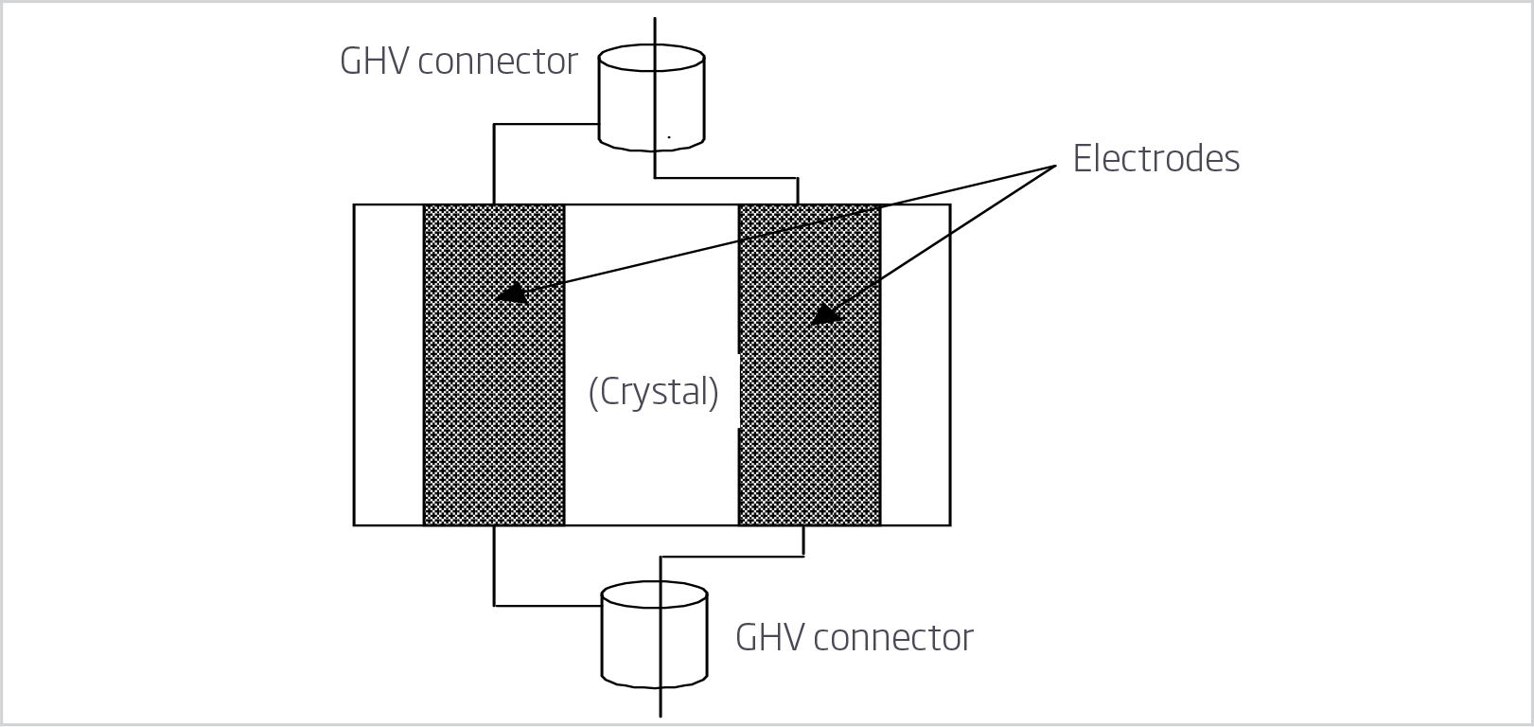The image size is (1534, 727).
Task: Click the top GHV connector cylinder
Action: click(x=652, y=99)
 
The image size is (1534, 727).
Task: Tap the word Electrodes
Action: click(x=1155, y=158)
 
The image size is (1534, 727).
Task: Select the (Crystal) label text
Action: click(x=653, y=391)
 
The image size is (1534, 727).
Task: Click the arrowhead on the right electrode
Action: click(x=825, y=315)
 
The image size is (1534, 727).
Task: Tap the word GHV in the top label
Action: click(x=374, y=62)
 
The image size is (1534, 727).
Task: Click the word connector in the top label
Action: click(x=497, y=62)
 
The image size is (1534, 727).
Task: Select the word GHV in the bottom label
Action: click(x=769, y=638)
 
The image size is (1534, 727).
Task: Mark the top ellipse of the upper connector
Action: click(x=652, y=58)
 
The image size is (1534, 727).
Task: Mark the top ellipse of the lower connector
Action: click(x=655, y=594)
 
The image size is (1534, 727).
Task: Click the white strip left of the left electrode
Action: click(x=389, y=364)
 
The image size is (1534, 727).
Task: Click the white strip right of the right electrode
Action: click(x=915, y=364)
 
